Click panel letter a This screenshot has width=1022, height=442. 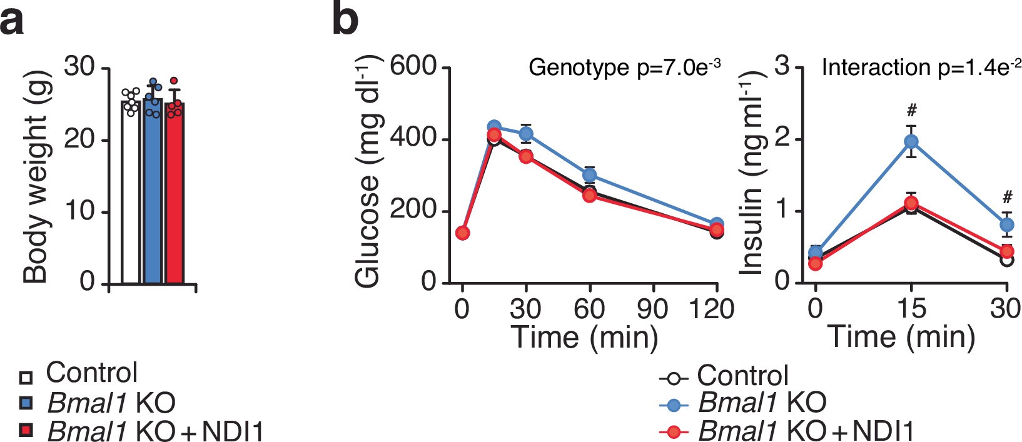click(x=13, y=20)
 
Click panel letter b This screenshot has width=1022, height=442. click(x=345, y=20)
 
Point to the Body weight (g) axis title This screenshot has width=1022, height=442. click(x=36, y=175)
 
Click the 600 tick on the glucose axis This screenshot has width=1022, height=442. click(x=412, y=66)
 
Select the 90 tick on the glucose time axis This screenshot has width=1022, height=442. click(x=653, y=309)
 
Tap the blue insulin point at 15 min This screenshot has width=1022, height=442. click(x=911, y=141)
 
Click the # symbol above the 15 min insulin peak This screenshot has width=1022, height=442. click(x=911, y=111)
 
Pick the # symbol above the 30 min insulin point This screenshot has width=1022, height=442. click(x=1007, y=198)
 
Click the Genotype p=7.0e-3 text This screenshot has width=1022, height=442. click(x=624, y=67)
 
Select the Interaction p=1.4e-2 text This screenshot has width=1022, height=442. click(x=921, y=67)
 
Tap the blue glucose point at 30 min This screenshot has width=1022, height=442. click(x=526, y=133)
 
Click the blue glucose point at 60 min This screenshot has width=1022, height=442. click(x=589, y=175)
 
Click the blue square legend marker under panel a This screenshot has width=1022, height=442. click(x=26, y=403)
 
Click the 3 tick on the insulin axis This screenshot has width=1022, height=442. click(x=782, y=66)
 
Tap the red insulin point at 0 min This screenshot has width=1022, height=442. click(x=815, y=264)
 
